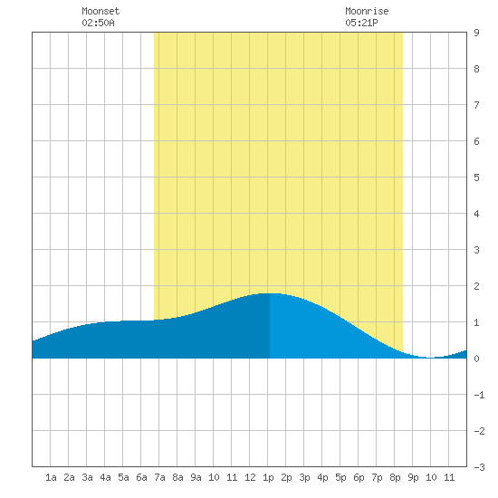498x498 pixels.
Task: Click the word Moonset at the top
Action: point(101,11)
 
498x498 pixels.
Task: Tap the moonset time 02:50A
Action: point(98,23)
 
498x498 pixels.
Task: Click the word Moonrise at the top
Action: point(367,11)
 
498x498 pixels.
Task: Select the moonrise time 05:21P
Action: point(361,23)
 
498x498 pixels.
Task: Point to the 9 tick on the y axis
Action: point(476,33)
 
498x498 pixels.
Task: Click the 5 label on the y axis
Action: point(476,177)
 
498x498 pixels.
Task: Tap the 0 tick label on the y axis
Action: point(476,359)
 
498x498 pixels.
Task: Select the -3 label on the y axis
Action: point(479,467)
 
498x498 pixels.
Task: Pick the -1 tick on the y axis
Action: point(479,395)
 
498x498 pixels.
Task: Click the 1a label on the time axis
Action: point(51,477)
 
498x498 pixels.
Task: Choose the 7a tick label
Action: point(159,477)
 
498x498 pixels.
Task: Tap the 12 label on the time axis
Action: point(250,477)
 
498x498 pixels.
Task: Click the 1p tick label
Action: point(268,477)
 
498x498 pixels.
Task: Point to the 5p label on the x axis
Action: point(340,477)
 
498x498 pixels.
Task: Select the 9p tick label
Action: point(413,477)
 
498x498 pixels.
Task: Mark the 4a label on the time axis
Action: point(105,477)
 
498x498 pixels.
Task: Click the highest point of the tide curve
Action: point(270,293)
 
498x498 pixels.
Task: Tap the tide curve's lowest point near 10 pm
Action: point(430,358)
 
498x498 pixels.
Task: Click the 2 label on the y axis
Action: point(476,286)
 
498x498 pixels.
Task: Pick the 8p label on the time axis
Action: point(395,477)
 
